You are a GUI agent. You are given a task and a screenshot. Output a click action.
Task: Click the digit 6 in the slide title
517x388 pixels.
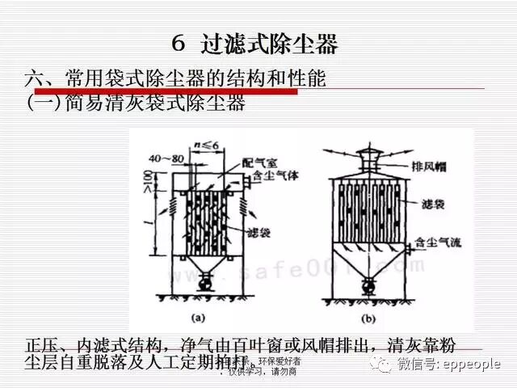(181, 44)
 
